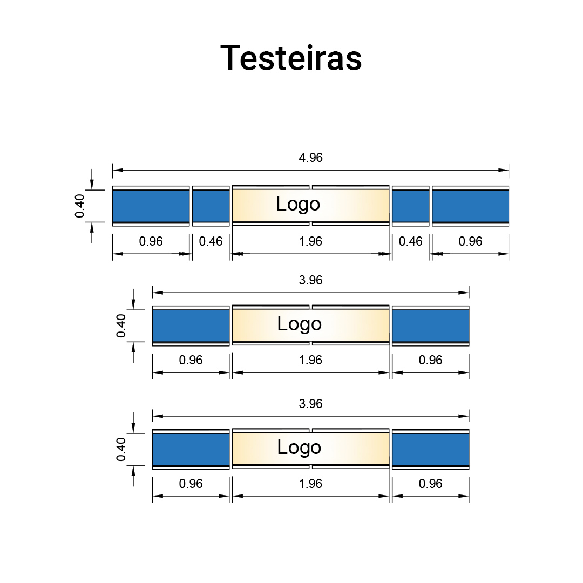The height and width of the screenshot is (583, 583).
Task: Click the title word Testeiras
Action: (291, 57)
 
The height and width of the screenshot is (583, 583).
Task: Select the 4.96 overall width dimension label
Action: (310, 158)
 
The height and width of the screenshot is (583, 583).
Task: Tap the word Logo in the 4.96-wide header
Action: (298, 204)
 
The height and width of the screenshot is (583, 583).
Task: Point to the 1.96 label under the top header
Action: (310, 241)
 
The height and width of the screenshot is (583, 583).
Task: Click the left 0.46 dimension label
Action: (211, 241)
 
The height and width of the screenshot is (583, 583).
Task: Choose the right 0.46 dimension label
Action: (410, 241)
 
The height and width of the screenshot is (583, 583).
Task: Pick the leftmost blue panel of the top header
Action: (151, 206)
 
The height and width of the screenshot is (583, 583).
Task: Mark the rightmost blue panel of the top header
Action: (470, 206)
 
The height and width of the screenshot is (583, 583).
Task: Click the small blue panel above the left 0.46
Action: (211, 206)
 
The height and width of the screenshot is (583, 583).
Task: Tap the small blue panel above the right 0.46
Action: (410, 206)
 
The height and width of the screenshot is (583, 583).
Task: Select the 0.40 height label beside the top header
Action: (80, 206)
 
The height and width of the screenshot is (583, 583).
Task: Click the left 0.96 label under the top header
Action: (151, 241)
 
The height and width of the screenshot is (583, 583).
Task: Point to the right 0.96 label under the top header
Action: (470, 241)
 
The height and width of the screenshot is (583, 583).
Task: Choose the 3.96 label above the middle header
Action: (310, 280)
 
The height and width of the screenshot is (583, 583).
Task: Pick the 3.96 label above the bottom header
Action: (310, 404)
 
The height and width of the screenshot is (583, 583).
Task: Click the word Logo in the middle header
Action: (299, 324)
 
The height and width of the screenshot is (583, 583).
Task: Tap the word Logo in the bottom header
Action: (299, 448)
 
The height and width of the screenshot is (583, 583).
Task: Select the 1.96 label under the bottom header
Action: (310, 484)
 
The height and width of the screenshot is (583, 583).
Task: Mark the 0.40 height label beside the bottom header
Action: (121, 449)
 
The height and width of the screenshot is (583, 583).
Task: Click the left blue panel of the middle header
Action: (191, 325)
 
